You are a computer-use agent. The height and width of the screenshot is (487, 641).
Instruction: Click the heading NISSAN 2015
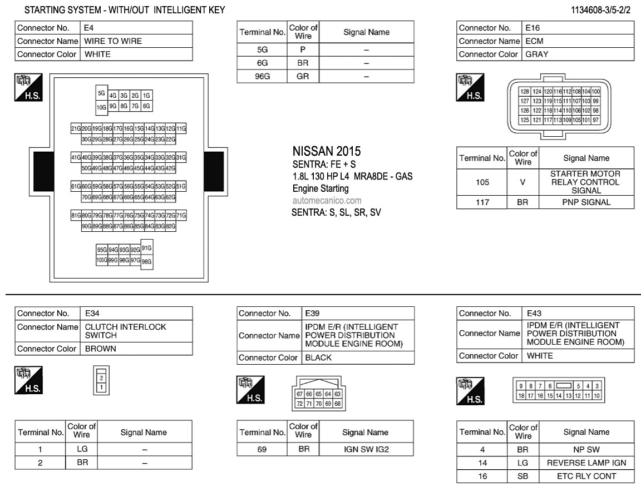[x=327, y=152]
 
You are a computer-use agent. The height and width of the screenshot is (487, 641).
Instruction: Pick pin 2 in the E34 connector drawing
[x=101, y=378]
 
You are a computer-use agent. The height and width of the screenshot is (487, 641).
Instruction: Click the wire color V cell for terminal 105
[x=523, y=182]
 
